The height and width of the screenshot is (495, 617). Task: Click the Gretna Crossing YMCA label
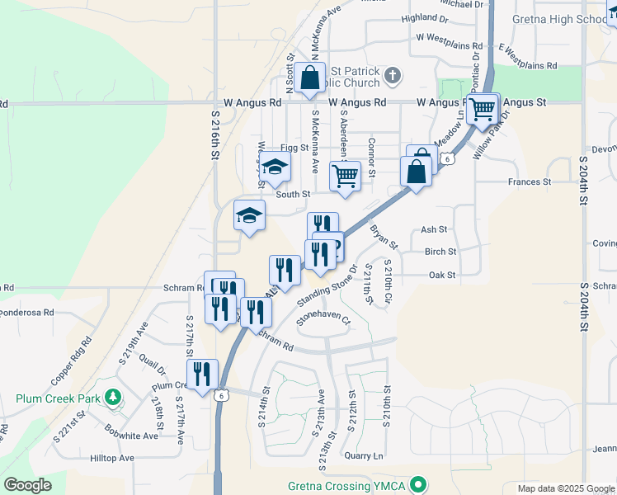point(346,485)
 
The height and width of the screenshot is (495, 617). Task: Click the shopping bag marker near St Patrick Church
point(310,79)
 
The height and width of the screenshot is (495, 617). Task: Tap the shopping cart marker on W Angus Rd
point(482,109)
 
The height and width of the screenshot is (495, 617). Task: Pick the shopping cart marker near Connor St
point(345,174)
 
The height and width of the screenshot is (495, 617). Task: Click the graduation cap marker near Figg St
point(275,167)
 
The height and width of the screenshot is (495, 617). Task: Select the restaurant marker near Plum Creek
point(202,375)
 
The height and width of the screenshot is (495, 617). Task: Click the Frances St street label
point(529,181)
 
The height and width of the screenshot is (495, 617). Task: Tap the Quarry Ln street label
point(365,455)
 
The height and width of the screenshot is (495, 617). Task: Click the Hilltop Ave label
point(112,458)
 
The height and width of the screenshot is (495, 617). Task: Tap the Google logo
point(27,485)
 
